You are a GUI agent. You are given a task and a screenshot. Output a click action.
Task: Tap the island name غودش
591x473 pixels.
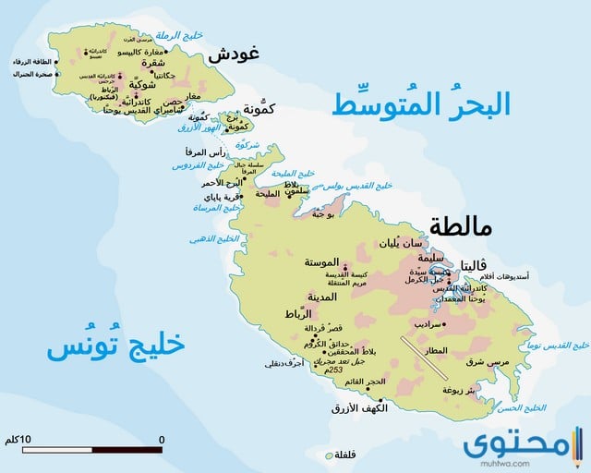[x=230, y=55]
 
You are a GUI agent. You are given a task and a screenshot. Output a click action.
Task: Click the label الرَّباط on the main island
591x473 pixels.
[x=301, y=316]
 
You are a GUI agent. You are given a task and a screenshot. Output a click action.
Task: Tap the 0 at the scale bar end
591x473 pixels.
[x=162, y=438]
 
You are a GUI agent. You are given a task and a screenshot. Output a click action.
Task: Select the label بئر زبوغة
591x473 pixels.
[x=459, y=390]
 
